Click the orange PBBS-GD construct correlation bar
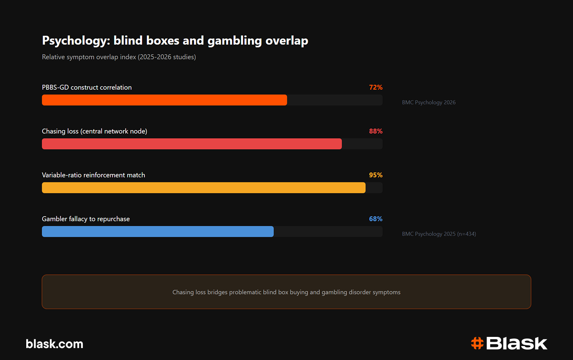pyautogui.click(x=164, y=100)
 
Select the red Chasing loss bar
pyautogui.click(x=192, y=144)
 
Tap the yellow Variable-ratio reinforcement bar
pyautogui.click(x=204, y=188)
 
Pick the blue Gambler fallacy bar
pyautogui.click(x=158, y=231)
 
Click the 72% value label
pyautogui.click(x=376, y=87)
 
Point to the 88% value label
pyautogui.click(x=376, y=131)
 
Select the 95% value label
pyautogui.click(x=376, y=175)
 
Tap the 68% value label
pyautogui.click(x=376, y=219)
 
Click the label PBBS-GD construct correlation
pyautogui.click(x=87, y=87)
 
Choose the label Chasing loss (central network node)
pyautogui.click(x=94, y=131)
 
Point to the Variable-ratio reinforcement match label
pyautogui.click(x=94, y=175)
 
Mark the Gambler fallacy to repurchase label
pyautogui.click(x=86, y=219)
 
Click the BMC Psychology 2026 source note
pyautogui.click(x=429, y=102)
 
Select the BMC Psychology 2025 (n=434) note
pyautogui.click(x=439, y=234)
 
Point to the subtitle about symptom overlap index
pyautogui.click(x=119, y=57)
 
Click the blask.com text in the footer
pyautogui.click(x=55, y=344)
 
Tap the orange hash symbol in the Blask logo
pyautogui.click(x=477, y=343)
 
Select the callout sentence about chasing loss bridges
pyautogui.click(x=286, y=292)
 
